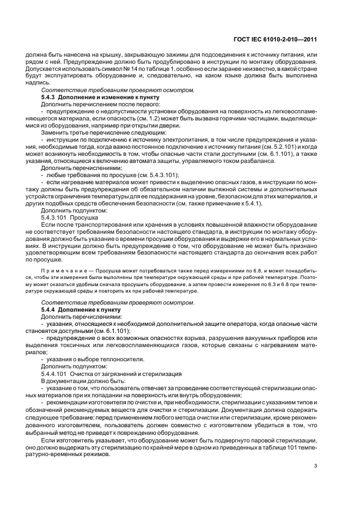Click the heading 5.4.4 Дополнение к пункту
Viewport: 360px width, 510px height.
[x=77, y=309]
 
